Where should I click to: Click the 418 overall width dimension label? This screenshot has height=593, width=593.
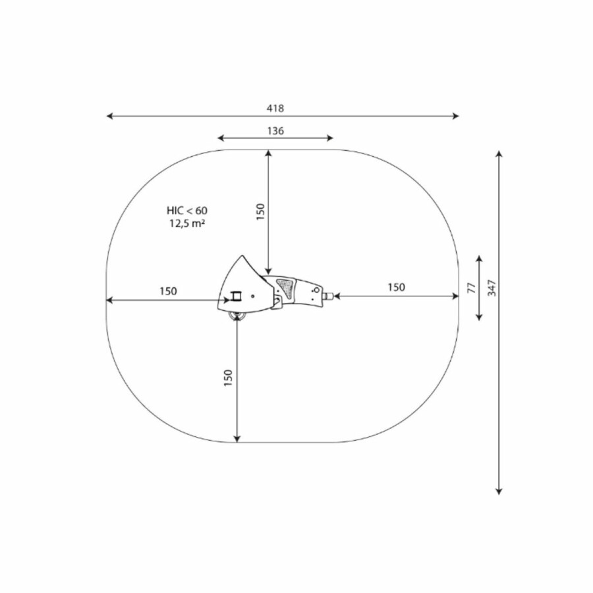(x=275, y=109)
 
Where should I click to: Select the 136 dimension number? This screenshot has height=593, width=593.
(x=275, y=131)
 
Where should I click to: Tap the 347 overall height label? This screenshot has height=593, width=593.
(x=492, y=288)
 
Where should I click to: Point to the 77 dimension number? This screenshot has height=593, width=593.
(x=471, y=288)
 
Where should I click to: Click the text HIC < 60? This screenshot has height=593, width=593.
(x=187, y=210)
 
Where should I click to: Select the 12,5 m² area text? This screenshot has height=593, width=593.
(x=187, y=223)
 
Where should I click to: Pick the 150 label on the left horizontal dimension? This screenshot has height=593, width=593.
(x=168, y=291)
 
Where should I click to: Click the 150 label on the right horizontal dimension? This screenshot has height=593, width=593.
(x=396, y=287)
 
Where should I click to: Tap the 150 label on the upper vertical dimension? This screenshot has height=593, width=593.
(x=260, y=212)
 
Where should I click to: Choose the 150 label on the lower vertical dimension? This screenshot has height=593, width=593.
(x=228, y=378)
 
